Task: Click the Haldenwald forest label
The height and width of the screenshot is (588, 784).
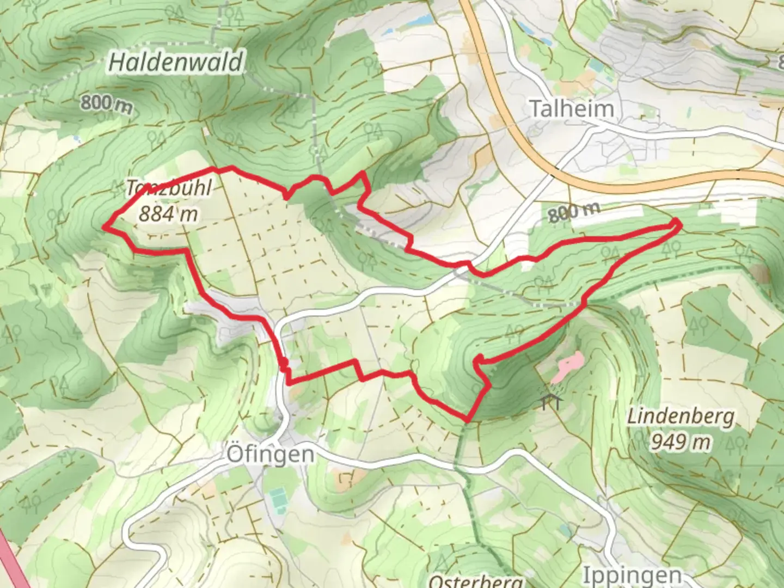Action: pos(176,62)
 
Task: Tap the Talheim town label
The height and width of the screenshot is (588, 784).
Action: pos(572,109)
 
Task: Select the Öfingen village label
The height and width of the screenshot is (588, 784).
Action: pos(270,454)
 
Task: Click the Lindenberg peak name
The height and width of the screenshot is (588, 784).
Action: pos(681,417)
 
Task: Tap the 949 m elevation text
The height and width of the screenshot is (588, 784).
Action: pos(681,442)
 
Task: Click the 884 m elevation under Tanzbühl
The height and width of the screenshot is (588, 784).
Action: pos(168,214)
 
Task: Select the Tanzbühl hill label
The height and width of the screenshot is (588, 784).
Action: pos(169,188)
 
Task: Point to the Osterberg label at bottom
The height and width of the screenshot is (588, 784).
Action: pos(475,580)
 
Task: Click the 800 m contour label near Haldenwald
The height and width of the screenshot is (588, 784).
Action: pos(106,103)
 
